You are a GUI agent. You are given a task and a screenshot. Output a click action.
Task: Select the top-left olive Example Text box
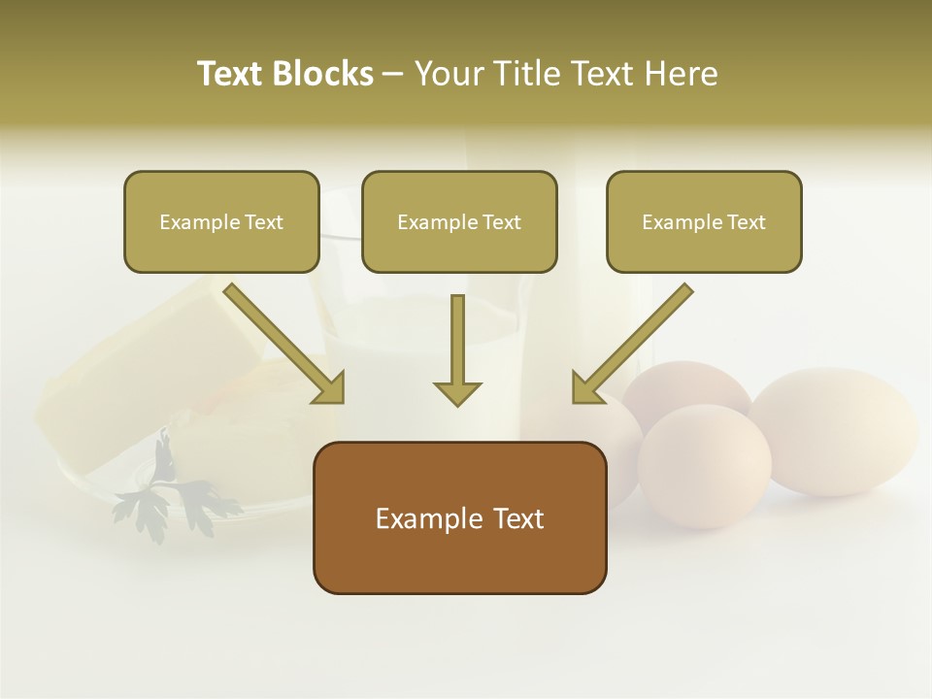(221, 221)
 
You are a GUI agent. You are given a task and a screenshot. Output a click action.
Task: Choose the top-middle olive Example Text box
(459, 221)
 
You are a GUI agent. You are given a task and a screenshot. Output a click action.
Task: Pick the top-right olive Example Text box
(704, 221)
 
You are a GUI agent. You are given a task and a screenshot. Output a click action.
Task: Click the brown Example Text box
(459, 517)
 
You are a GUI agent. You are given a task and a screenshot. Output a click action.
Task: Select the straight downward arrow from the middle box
(457, 349)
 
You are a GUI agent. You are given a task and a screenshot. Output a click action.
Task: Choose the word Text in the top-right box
(746, 222)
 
